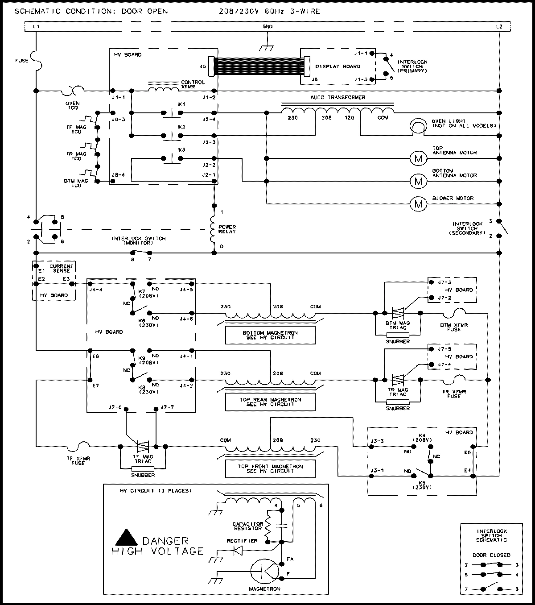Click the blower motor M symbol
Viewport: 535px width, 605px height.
click(x=418, y=204)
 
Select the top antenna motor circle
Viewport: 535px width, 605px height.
click(x=418, y=158)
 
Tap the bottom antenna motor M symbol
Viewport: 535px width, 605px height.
click(x=418, y=181)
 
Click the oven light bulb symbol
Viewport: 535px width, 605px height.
click(x=418, y=126)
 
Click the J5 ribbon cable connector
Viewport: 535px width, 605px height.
click(x=211, y=66)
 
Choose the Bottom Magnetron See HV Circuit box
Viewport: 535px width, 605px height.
click(x=270, y=335)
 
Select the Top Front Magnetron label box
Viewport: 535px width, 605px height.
click(x=270, y=468)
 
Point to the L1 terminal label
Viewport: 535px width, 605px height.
click(x=36, y=27)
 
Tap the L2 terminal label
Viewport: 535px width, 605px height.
click(x=499, y=27)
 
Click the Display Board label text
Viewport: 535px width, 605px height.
click(x=337, y=66)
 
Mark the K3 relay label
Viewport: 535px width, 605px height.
click(x=181, y=149)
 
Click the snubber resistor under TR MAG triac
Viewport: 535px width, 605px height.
click(x=398, y=402)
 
